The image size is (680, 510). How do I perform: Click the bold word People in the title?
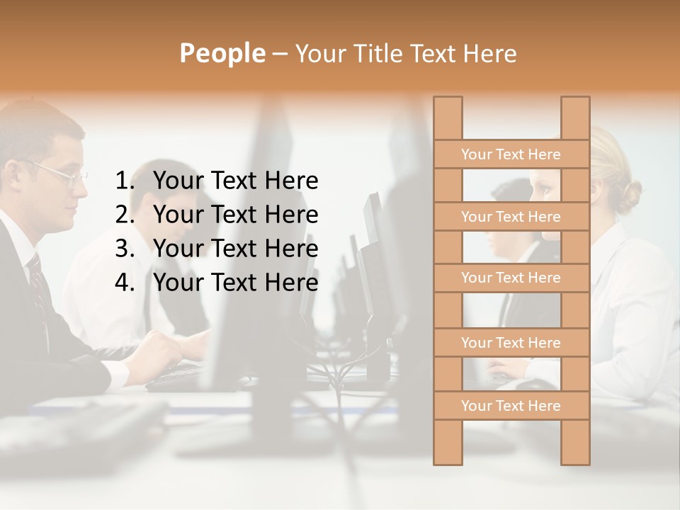[222, 53]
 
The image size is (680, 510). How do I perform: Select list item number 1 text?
[235, 181]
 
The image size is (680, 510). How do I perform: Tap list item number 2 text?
[235, 215]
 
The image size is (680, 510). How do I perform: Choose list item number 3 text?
[235, 249]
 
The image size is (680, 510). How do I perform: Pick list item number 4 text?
[235, 283]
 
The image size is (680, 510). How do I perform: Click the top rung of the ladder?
[511, 154]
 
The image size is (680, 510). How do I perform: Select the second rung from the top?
[511, 217]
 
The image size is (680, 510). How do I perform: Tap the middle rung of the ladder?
[511, 278]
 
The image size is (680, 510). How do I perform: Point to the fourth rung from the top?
[511, 343]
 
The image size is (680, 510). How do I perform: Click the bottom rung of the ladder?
[511, 406]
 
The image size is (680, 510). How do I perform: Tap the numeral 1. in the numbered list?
[125, 181]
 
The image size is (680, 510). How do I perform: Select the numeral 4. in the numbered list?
[125, 283]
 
